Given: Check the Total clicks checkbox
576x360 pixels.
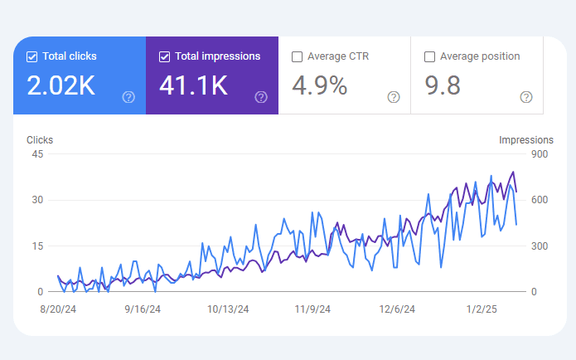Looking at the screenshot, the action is (32, 56).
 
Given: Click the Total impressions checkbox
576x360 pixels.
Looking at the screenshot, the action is (165, 56).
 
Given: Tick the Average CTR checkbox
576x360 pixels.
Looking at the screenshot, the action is (297, 56).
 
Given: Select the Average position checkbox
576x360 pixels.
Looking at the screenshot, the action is (429, 56).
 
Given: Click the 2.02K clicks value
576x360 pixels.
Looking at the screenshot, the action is (61, 85).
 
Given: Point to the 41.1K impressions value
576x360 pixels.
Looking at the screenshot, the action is (193, 85).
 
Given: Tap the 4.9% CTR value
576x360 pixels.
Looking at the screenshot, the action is (320, 85).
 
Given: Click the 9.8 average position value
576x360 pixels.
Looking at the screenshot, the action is (443, 85).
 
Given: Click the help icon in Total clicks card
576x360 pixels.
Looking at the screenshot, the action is (128, 97).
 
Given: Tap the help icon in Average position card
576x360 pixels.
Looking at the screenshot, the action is (526, 97).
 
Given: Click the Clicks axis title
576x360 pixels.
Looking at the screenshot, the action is (40, 140).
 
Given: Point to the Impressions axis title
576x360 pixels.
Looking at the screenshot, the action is (526, 140).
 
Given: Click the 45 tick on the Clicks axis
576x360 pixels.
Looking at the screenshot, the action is (37, 154).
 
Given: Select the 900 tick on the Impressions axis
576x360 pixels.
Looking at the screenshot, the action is (540, 154).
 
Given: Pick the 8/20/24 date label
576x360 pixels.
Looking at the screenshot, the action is (58, 309).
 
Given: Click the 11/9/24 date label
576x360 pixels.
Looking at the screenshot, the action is (312, 309).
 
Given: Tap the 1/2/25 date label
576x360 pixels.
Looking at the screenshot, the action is (482, 309).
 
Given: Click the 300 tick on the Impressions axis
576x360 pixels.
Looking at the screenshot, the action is (540, 246).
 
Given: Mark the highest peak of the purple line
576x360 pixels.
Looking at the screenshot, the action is (513, 172).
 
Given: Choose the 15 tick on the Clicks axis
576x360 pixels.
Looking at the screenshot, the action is (37, 246).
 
